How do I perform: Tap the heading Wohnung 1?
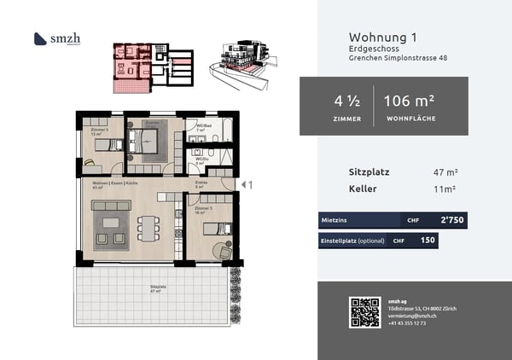point(383,37)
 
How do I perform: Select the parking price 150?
point(428,241)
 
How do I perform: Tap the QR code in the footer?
point(364,312)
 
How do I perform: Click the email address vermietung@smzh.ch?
point(413,316)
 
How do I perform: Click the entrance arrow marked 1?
point(247,184)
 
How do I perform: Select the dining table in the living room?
point(148,227)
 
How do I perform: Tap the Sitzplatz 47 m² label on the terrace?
point(157,289)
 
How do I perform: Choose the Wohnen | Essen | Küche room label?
point(110,184)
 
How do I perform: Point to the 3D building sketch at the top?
point(246,60)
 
